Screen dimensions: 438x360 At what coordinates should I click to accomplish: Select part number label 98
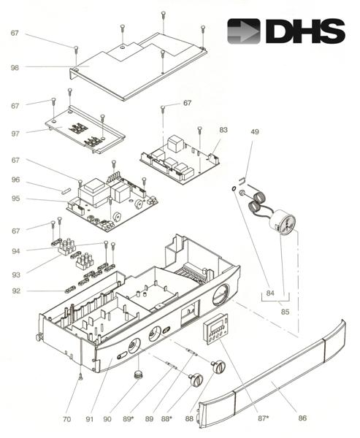[15, 67]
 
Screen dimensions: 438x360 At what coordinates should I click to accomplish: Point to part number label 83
[223, 129]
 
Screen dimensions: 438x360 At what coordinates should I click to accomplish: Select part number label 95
[15, 199]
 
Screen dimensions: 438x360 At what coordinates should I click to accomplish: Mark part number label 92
[15, 291]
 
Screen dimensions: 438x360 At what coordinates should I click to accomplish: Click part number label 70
[66, 420]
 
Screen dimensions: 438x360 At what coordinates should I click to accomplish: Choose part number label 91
[88, 420]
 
